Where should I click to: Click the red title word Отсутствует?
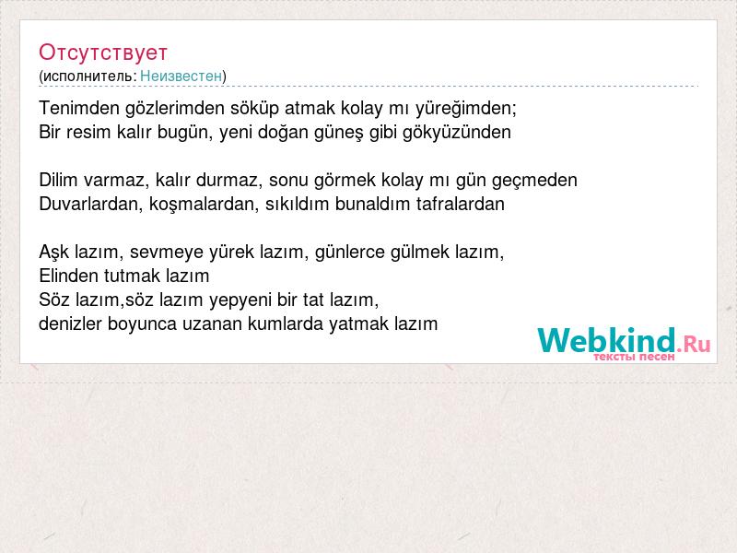coord(103,53)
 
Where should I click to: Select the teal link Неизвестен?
coord(181,76)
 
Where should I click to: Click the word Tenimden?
coord(79,108)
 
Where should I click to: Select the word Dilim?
coord(58,180)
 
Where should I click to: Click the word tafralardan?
coord(460,204)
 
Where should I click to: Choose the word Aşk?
coord(54,252)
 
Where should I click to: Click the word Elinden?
coord(68,276)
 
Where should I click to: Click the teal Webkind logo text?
coord(606,340)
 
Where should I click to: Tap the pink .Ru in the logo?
coord(694,345)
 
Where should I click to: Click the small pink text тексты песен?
coord(634,357)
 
